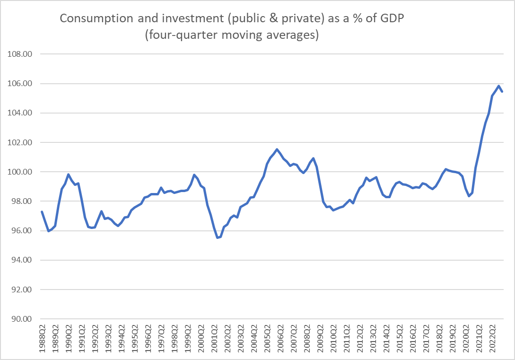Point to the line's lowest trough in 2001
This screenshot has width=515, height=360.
[x=217, y=237]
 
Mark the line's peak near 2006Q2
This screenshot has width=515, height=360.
[x=277, y=149]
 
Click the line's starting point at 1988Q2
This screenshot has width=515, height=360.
[x=42, y=211]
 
